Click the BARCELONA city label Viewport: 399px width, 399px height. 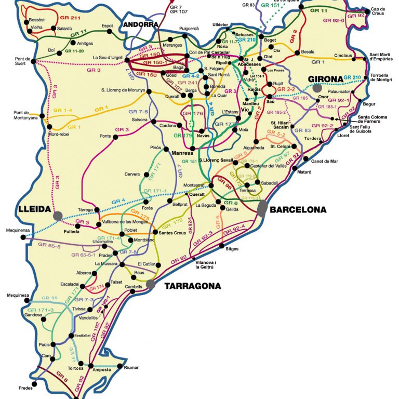[x=298, y=210]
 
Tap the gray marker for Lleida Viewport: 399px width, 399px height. [x=58, y=215]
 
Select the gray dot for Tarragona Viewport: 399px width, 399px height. [x=151, y=284]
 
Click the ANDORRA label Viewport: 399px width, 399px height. [x=140, y=24]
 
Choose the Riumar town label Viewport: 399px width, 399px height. [x=131, y=367]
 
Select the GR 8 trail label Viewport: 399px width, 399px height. [x=62, y=377]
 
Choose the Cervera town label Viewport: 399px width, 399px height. [x=132, y=174]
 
